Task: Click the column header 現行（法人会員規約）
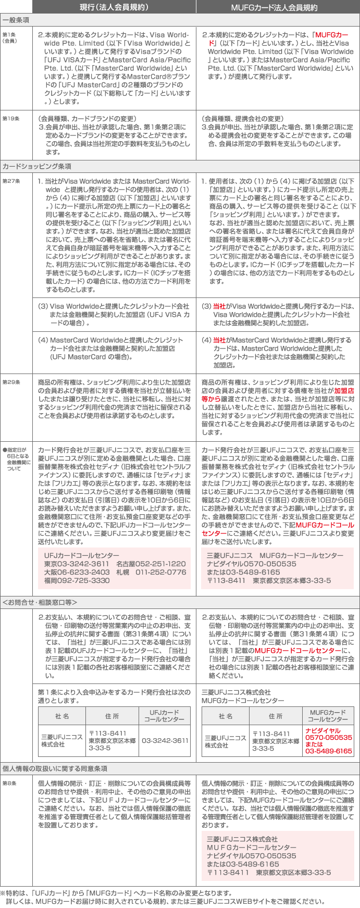[114, 7]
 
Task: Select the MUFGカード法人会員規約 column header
[278, 7]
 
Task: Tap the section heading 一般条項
[16, 20]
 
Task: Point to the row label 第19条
[10, 119]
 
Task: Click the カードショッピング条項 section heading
[36, 166]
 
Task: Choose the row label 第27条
[10, 181]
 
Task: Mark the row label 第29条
[10, 382]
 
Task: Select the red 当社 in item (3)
[219, 306]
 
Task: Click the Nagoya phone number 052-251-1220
[151, 564]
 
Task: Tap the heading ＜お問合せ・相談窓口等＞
[40, 602]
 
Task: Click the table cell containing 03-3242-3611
[165, 740]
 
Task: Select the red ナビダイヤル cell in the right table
[329, 740]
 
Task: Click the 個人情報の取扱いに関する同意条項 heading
[55, 768]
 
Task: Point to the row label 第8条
[9, 783]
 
